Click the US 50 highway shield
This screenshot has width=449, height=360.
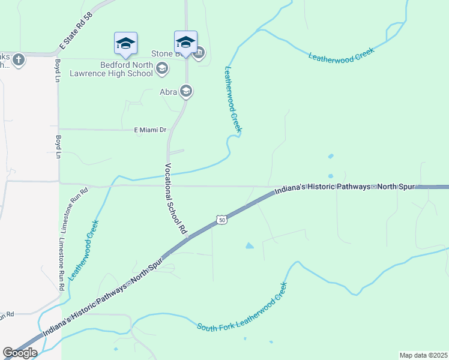[x=222, y=220]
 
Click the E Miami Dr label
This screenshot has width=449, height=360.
[x=151, y=130]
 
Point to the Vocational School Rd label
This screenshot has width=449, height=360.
[x=176, y=199]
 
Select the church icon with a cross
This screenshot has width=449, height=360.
[x=19, y=59]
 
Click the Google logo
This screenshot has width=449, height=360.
[x=20, y=353]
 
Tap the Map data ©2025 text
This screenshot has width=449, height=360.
[x=423, y=355]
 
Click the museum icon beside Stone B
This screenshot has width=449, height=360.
[x=199, y=53]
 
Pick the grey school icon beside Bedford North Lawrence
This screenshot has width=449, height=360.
[x=161, y=69]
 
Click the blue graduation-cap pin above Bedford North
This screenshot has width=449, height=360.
[x=125, y=43]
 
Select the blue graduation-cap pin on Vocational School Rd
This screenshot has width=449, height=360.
[x=185, y=42]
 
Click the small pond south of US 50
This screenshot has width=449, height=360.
[x=249, y=245]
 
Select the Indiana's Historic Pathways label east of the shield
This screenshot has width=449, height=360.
[x=345, y=188]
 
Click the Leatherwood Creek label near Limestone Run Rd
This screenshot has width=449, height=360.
[x=83, y=250]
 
